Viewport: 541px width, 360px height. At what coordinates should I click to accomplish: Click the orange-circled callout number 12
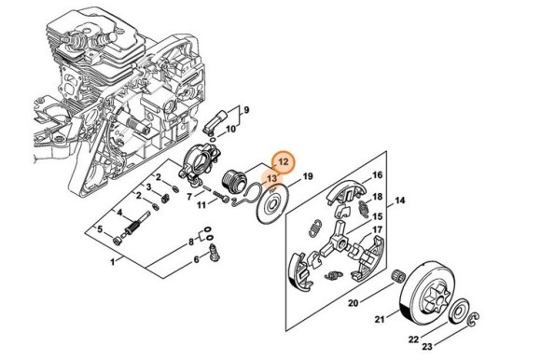[284, 162]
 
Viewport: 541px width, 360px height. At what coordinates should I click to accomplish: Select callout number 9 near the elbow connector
[247, 111]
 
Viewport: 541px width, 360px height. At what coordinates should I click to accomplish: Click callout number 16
[378, 175]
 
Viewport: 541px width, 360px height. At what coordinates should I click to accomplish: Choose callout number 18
[378, 197]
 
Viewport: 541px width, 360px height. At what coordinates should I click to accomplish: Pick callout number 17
[378, 229]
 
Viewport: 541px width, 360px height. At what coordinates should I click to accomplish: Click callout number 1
[114, 263]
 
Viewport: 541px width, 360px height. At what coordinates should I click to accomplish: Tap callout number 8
[192, 242]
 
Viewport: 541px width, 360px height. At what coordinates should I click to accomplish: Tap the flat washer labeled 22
[462, 311]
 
